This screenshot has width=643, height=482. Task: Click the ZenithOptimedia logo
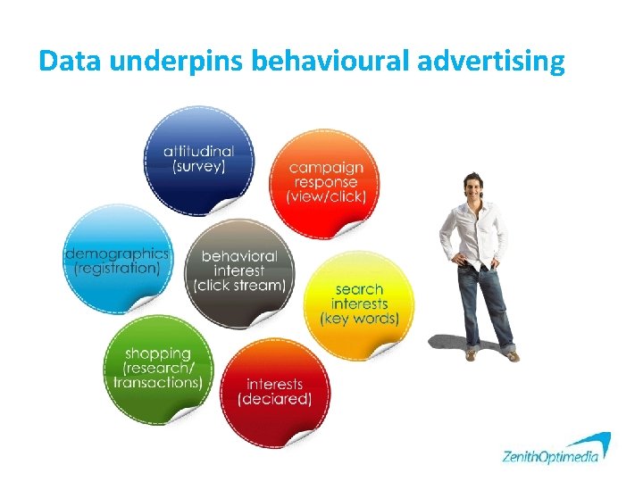[x=555, y=452]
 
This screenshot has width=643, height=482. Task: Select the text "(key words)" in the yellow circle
[x=359, y=319]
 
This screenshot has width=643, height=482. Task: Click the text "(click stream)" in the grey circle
[x=239, y=286]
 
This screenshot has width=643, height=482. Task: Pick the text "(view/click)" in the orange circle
[x=326, y=196]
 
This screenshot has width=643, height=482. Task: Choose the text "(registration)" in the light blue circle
[x=116, y=267]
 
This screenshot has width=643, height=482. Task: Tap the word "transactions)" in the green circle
[x=157, y=382]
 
